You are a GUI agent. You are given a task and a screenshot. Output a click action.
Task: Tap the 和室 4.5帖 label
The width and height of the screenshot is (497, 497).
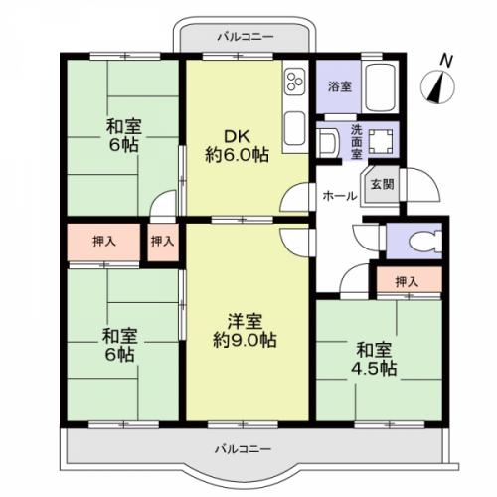374,359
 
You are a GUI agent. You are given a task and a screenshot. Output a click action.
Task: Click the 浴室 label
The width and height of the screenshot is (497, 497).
339,86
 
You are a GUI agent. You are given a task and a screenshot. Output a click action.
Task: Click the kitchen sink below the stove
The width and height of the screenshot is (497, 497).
295,126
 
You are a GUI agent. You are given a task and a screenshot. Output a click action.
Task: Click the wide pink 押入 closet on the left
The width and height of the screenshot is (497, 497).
103,242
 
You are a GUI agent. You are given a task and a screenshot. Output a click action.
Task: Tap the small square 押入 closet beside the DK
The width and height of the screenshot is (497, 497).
163,242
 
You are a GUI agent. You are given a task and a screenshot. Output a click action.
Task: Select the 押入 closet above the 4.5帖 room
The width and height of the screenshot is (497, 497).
407,282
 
